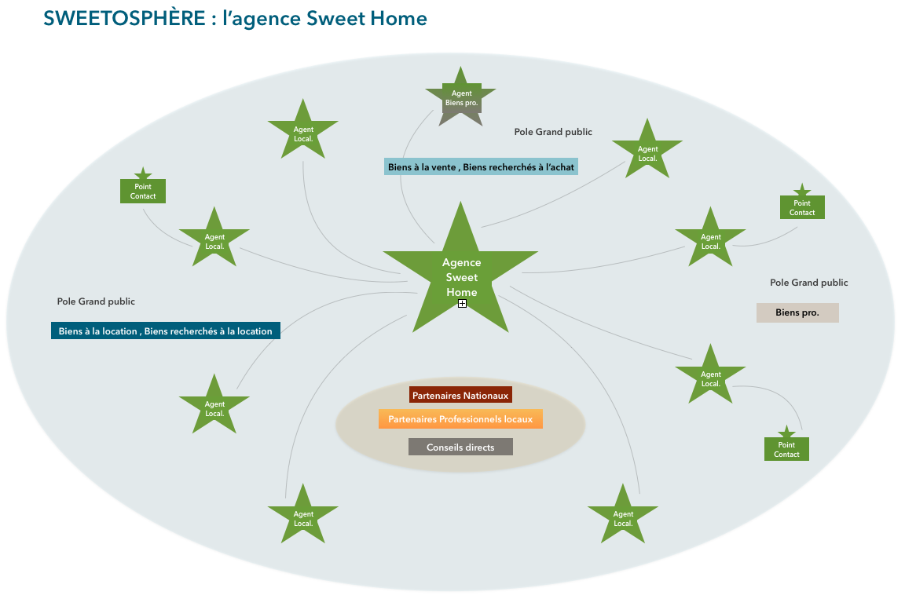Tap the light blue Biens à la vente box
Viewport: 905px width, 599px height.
tap(481, 166)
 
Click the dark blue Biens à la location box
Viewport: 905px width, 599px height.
tap(165, 331)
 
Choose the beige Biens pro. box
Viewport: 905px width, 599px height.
tap(797, 312)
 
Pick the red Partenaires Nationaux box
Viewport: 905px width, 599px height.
tap(460, 395)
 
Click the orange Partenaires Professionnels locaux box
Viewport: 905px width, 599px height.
tap(460, 419)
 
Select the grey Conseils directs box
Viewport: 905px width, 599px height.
tap(460, 447)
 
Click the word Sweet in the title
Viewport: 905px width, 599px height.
tap(341, 18)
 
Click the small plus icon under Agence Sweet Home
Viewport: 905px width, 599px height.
tap(462, 303)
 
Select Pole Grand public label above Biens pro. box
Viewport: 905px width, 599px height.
tap(808, 283)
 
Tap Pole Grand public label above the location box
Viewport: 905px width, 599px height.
tap(96, 301)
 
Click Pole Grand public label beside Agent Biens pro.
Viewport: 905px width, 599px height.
tap(553, 132)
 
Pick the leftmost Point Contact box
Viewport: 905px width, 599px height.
tap(143, 191)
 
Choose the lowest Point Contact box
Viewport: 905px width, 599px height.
tap(786, 449)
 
